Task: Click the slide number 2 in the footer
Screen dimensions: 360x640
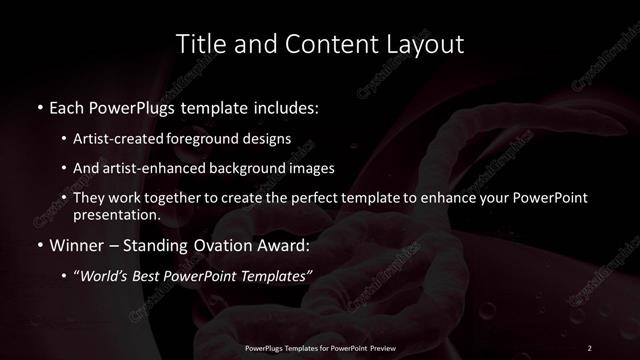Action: pos(589,347)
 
